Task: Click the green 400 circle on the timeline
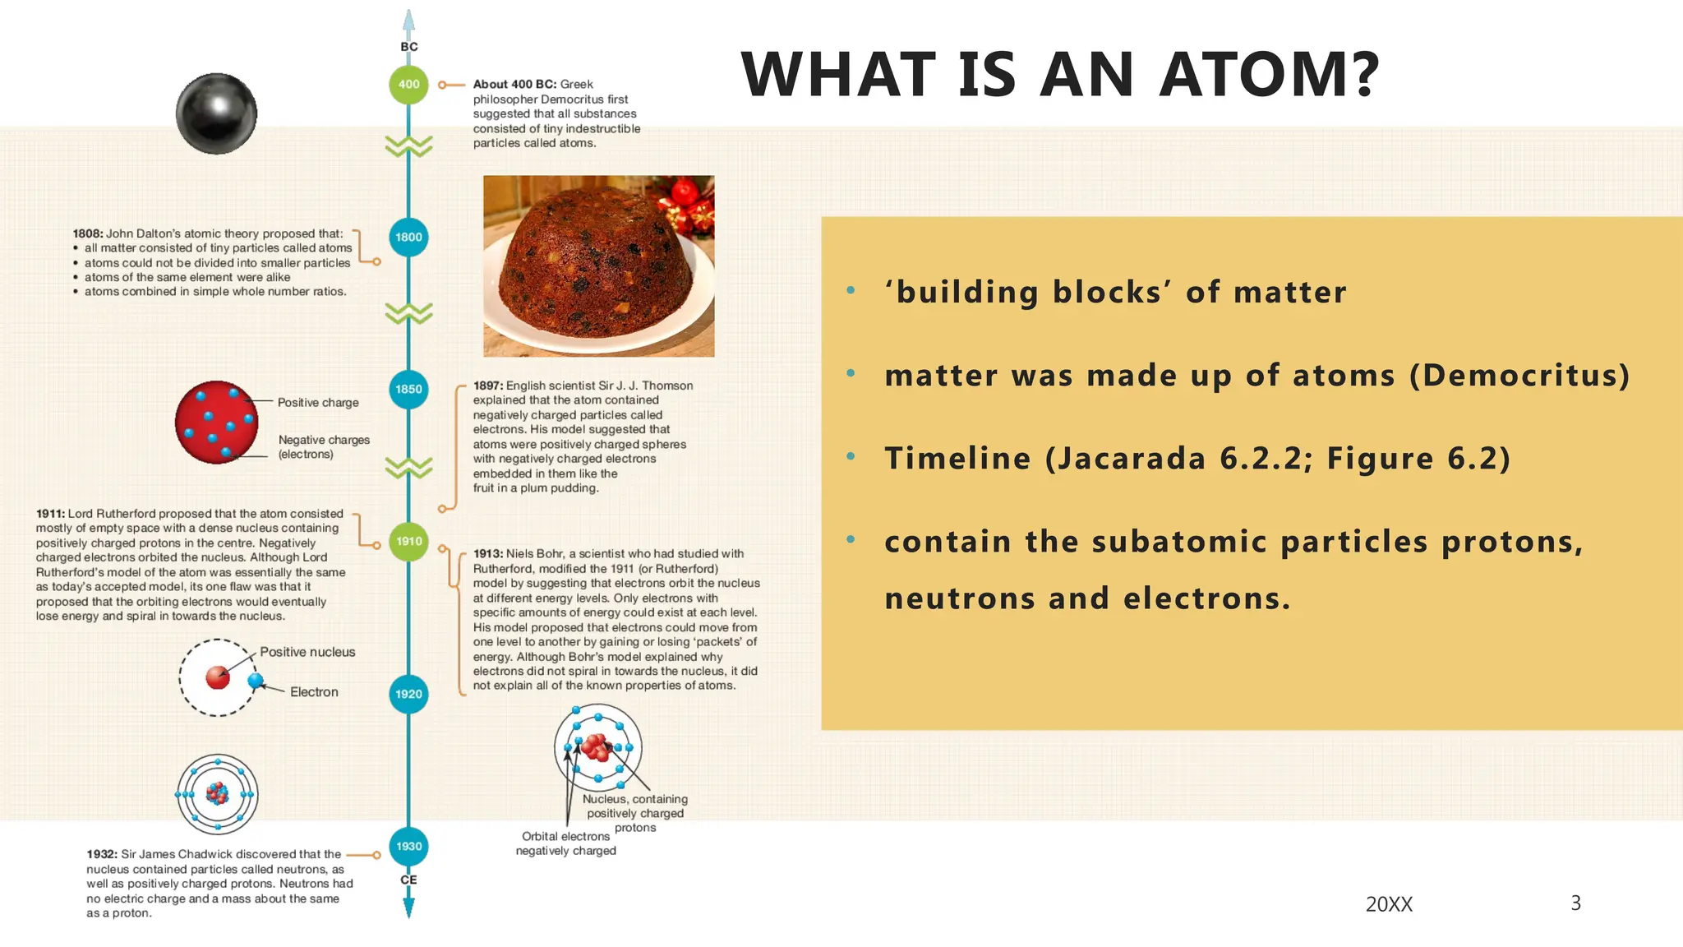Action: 408,85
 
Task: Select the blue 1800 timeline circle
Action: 408,237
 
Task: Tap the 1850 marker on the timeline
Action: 408,389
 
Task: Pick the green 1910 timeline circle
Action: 408,542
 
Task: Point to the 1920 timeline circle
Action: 408,694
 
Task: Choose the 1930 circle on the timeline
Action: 408,846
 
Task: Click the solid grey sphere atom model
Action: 216,113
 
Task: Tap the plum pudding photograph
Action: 598,266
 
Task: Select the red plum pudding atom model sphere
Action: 216,422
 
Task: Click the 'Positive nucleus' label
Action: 307,652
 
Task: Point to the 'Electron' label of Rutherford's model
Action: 314,692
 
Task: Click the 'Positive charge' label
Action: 318,403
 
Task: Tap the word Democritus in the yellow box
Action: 1519,376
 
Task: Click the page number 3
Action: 1575,903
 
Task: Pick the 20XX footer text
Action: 1389,904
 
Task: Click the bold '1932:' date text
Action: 102,854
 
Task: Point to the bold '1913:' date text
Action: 488,554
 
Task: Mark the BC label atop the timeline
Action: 409,47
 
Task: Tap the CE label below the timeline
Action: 408,880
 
